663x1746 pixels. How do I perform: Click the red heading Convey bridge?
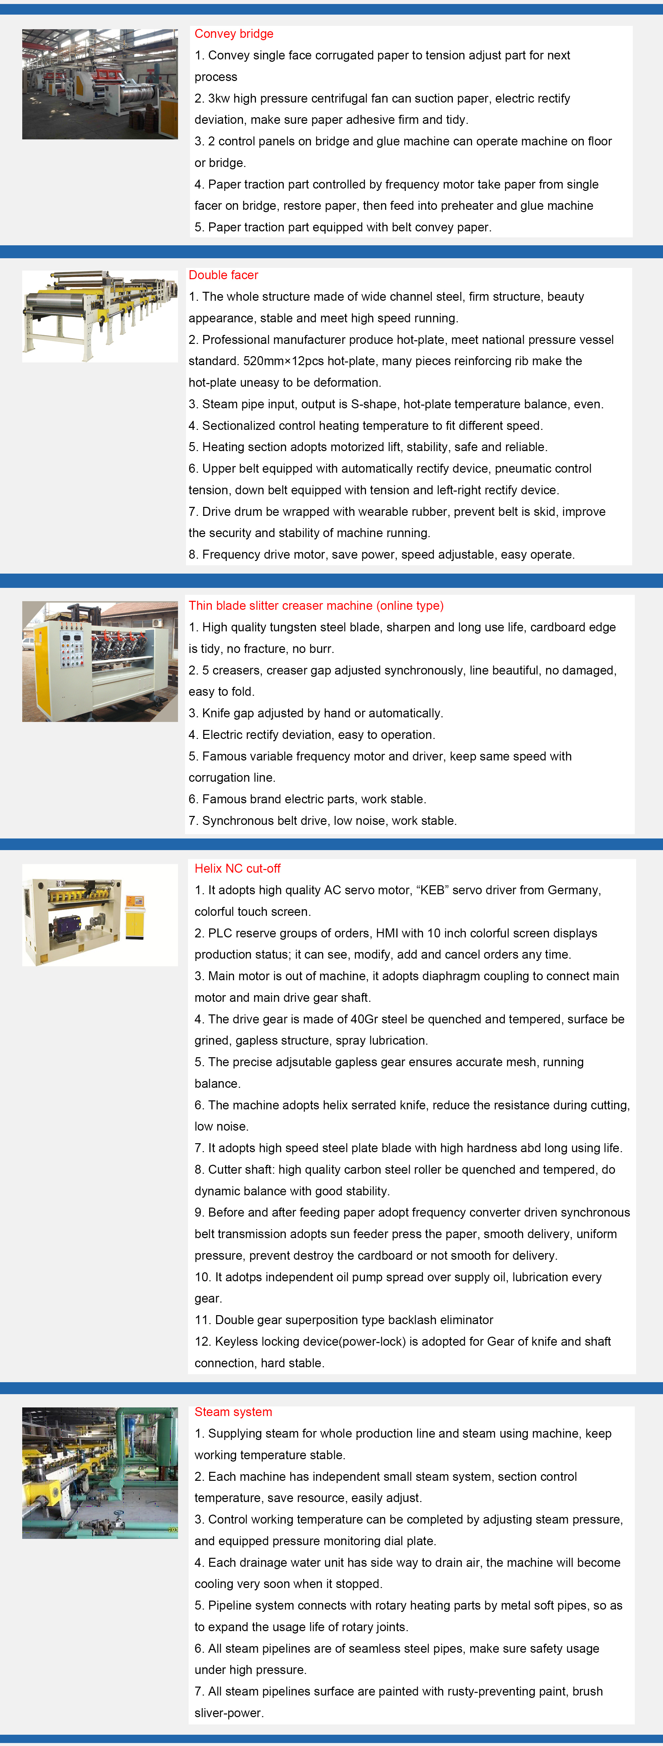click(x=234, y=34)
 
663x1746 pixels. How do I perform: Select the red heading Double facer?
click(x=223, y=275)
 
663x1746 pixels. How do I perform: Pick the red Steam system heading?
click(x=233, y=1412)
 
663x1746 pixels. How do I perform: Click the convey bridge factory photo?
click(x=100, y=84)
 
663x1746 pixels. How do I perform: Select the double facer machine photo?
click(x=100, y=317)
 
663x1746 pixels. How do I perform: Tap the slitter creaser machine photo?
click(x=100, y=662)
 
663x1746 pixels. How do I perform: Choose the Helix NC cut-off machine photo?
click(x=100, y=915)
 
